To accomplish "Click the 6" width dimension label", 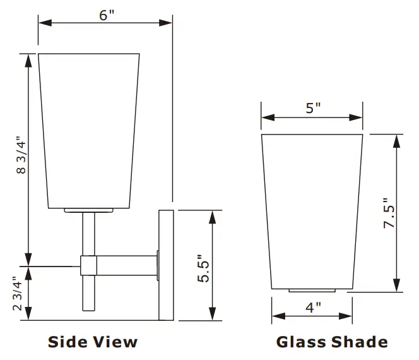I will point(105,15).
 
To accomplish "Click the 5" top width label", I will point(313,108).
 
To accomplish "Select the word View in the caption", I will point(115,342).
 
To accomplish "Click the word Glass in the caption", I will point(299,342).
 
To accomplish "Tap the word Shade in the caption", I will point(358,342).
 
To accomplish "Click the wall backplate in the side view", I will point(166,264).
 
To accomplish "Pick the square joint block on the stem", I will point(88,265).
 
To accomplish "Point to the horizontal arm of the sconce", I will point(126,265).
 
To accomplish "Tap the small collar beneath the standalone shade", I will point(312,291).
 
